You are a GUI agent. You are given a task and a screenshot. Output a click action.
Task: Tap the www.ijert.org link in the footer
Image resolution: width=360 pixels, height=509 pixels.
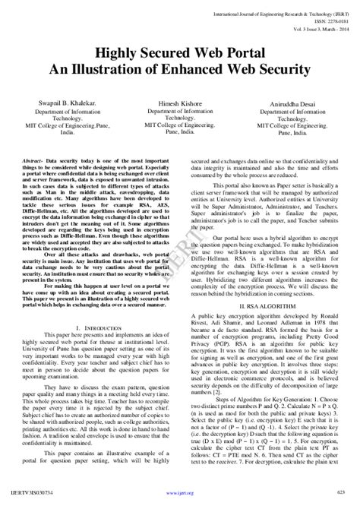(x=180, y=502)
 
